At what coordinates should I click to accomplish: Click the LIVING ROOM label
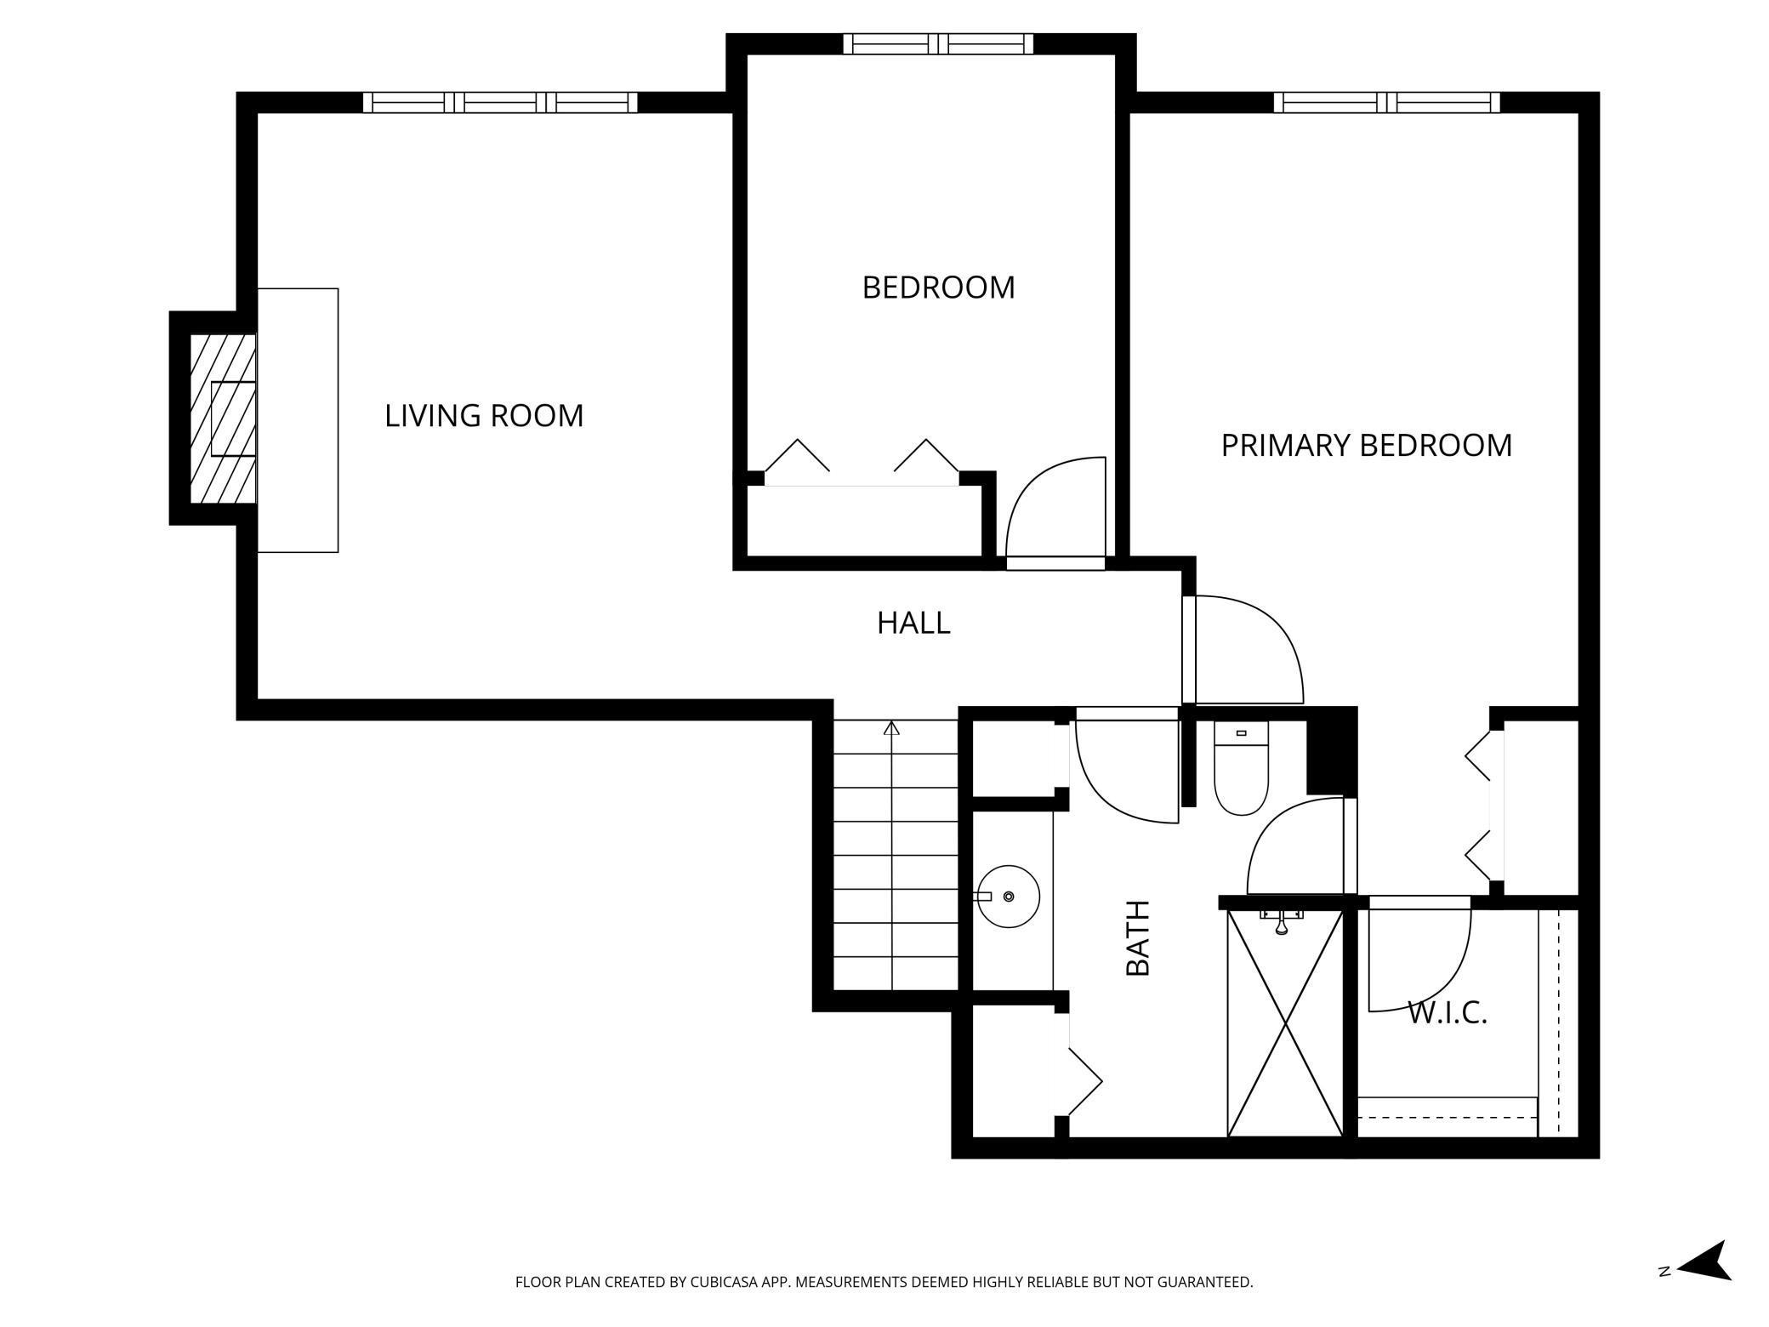pyautogui.click(x=484, y=416)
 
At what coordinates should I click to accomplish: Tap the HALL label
pyautogui.click(x=913, y=624)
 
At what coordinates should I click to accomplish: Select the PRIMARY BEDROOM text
pyautogui.click(x=1367, y=446)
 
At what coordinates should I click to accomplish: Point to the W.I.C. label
pyautogui.click(x=1448, y=1013)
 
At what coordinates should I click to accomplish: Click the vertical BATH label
pyautogui.click(x=1138, y=937)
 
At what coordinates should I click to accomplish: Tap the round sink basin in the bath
pyautogui.click(x=1009, y=897)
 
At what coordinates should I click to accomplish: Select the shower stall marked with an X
pyautogui.click(x=1285, y=1023)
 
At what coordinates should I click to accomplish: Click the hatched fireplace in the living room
pyautogui.click(x=223, y=418)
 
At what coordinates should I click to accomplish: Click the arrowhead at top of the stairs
pyautogui.click(x=891, y=728)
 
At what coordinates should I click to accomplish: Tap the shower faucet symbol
pyautogui.click(x=1282, y=920)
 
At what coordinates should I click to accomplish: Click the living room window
pyautogui.click(x=500, y=102)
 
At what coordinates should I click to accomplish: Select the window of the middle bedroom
pyautogui.click(x=938, y=43)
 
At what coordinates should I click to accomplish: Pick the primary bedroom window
pyautogui.click(x=1387, y=102)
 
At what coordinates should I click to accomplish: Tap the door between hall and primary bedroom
pyautogui.click(x=1243, y=650)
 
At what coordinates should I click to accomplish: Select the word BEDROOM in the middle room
pyautogui.click(x=939, y=288)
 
